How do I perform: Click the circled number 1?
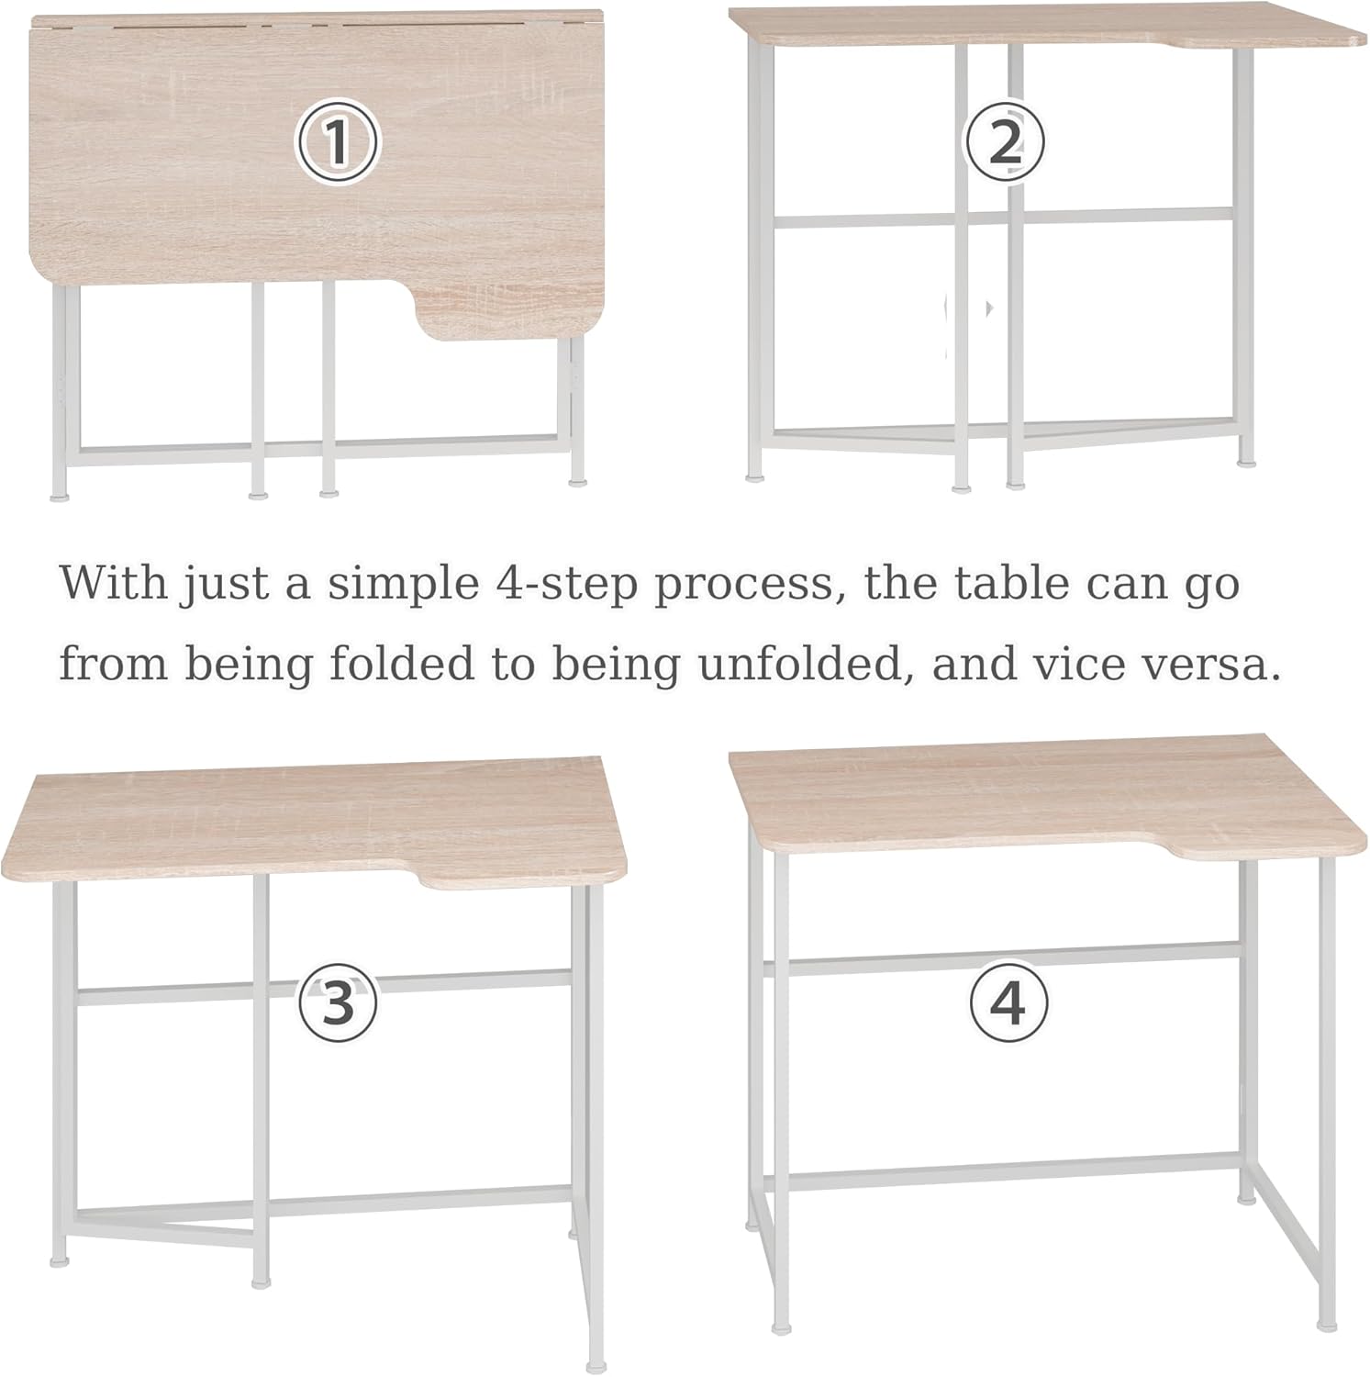pos(337,142)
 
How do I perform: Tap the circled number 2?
pos(1005,142)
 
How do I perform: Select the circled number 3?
pos(338,1002)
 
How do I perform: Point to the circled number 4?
pos(1008,1002)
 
